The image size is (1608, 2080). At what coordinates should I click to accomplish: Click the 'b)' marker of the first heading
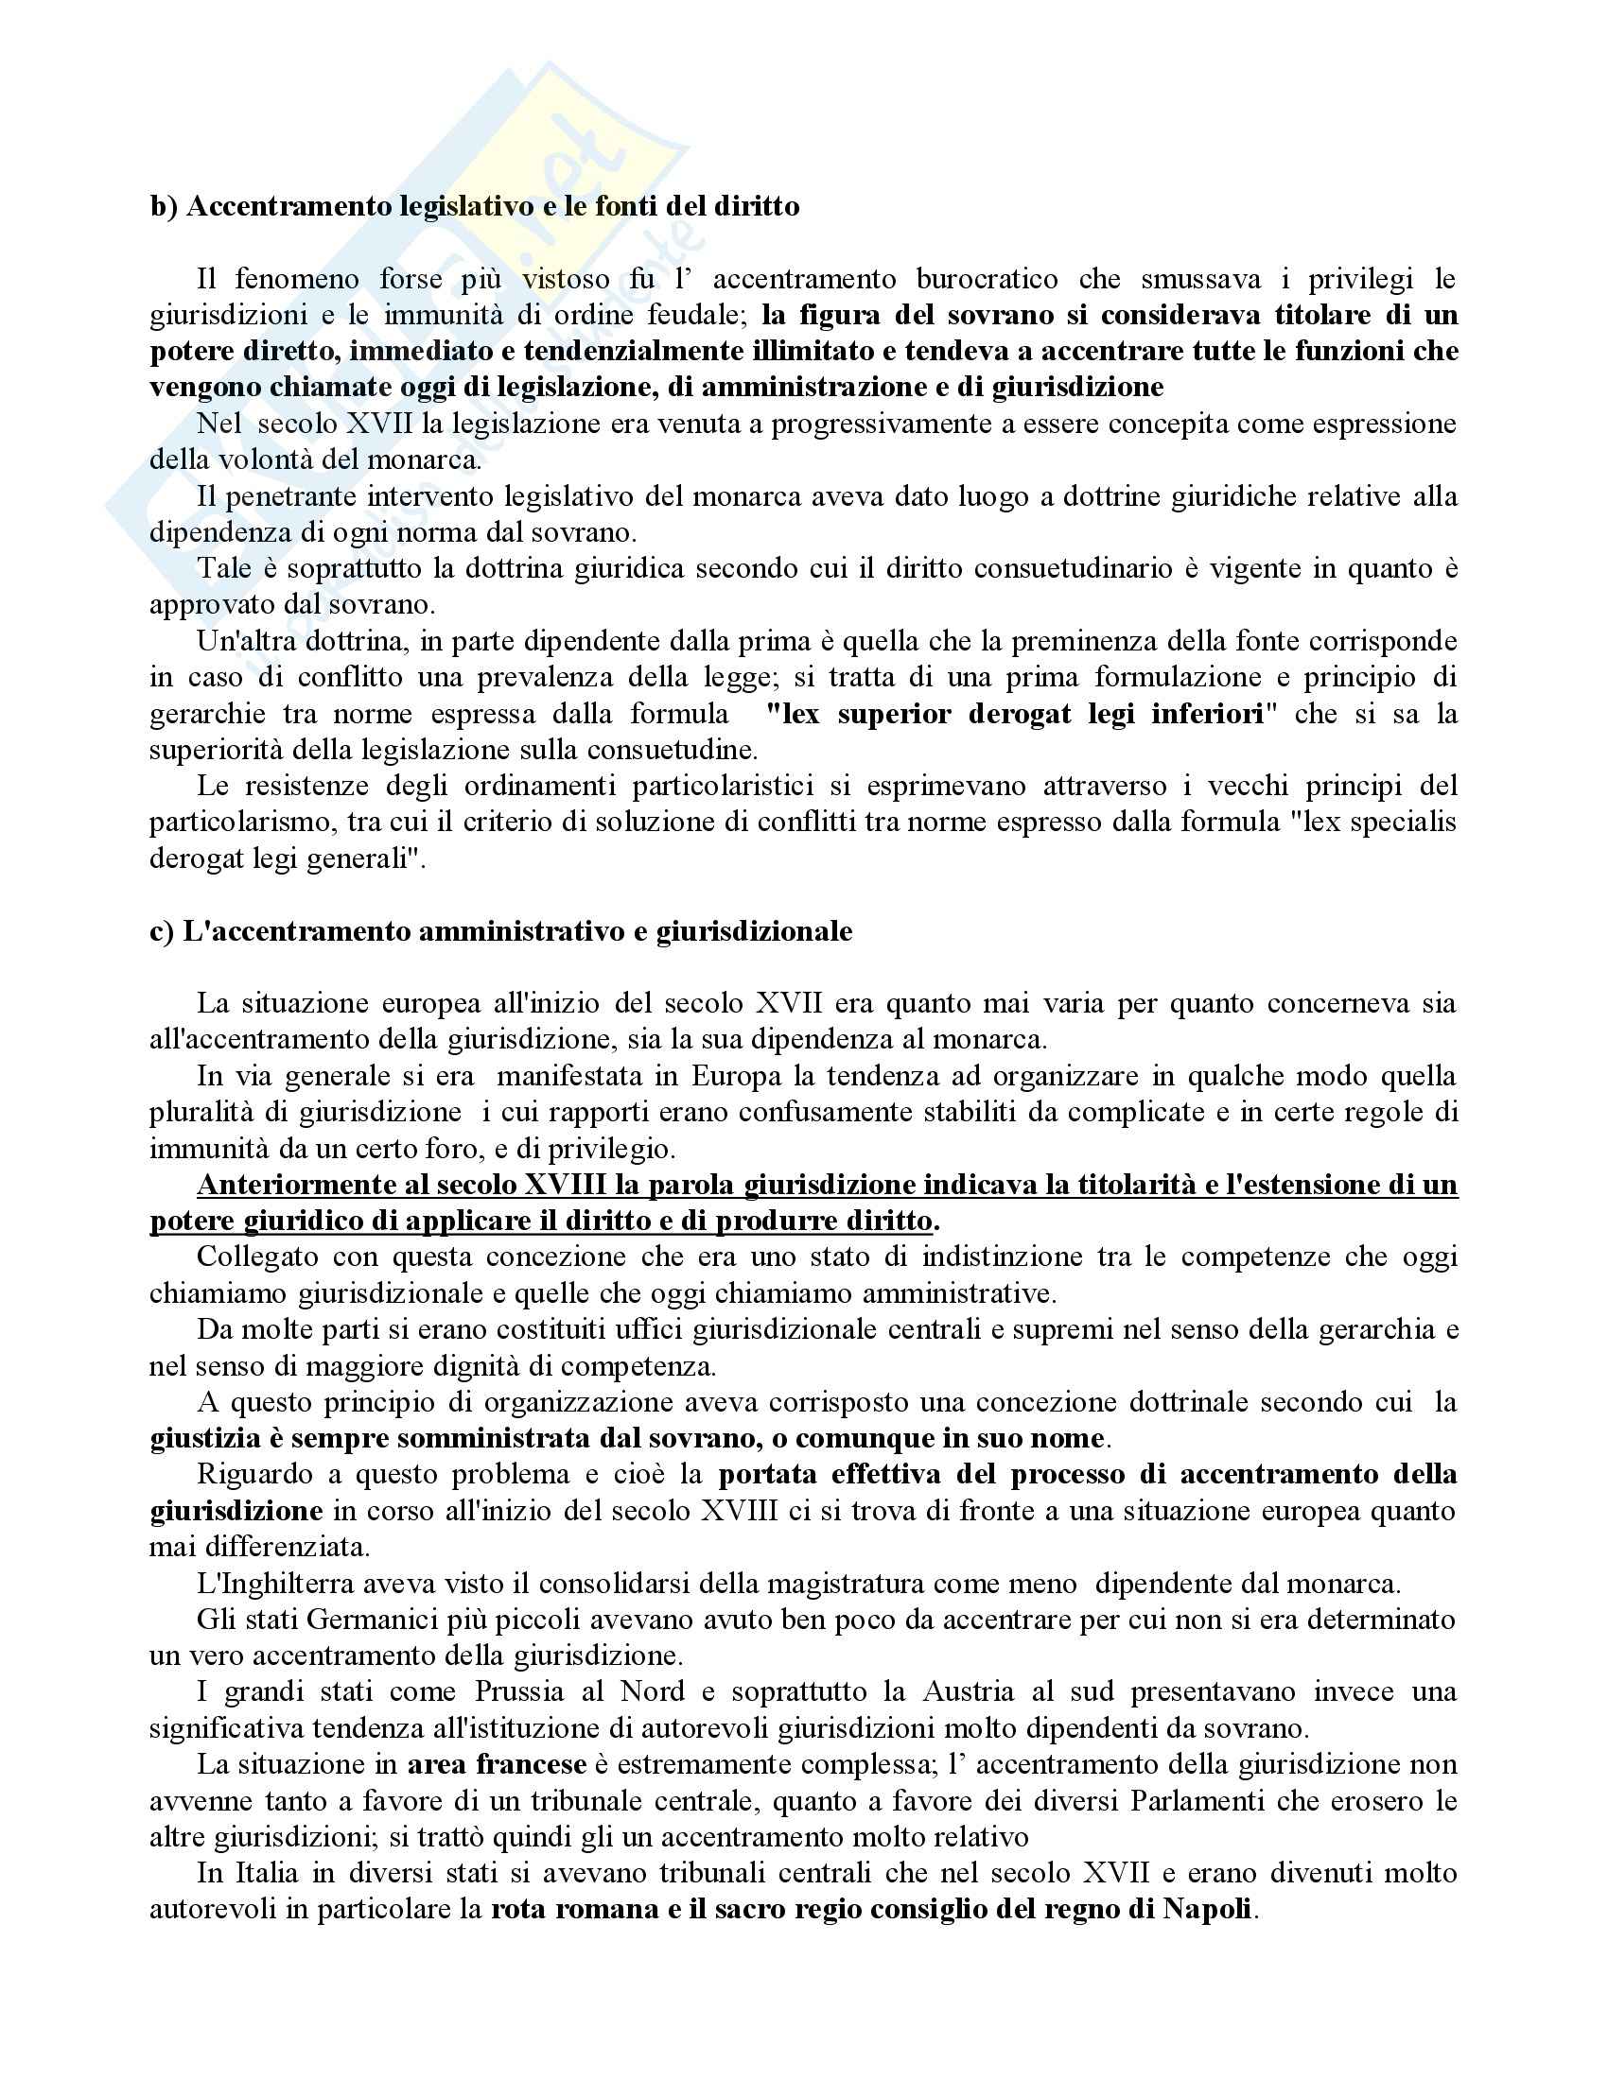164,207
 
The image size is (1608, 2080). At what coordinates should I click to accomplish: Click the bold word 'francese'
531,1764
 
